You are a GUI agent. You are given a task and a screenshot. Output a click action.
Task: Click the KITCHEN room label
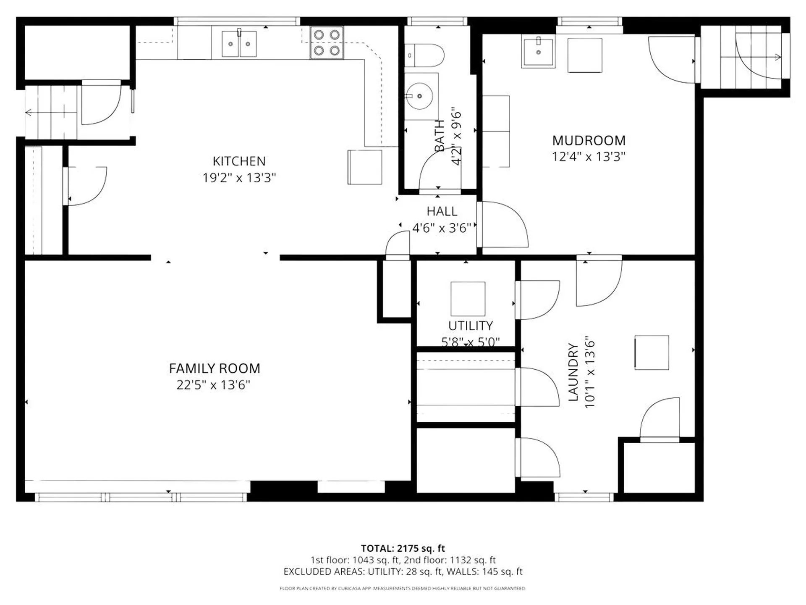239,161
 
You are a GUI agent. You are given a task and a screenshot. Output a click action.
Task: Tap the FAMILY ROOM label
215,368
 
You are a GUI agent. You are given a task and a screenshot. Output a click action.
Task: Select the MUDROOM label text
589,140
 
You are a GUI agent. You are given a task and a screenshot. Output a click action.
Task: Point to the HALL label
442,211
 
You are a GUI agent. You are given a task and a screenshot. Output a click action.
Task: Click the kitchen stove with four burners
327,42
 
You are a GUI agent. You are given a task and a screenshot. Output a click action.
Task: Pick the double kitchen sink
239,44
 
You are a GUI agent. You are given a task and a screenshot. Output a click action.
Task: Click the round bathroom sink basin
419,96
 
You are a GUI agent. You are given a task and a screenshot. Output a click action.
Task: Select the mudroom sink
538,51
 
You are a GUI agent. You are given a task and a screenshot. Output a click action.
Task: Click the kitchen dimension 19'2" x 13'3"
239,178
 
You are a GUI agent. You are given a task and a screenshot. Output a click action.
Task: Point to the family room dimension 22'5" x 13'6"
213,385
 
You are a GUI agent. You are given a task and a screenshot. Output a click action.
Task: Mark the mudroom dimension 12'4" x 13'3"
589,157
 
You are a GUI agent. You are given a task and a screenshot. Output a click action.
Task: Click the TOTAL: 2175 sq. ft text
403,548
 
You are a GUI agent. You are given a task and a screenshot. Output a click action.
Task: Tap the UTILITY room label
471,326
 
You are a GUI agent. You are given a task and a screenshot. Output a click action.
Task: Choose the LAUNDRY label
573,372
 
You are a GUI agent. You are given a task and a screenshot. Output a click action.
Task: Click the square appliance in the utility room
468,299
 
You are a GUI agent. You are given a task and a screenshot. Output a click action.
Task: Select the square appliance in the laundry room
652,352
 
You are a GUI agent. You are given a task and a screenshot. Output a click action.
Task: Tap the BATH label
440,136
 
